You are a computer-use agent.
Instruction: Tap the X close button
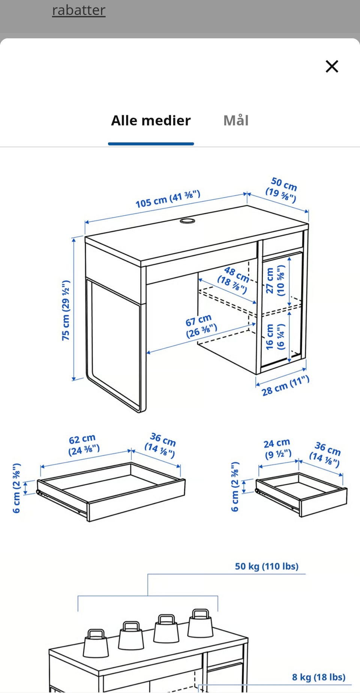(x=332, y=66)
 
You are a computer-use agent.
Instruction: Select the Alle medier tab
(x=151, y=120)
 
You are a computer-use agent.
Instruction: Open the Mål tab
(x=236, y=120)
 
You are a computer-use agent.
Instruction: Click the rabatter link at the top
(x=79, y=10)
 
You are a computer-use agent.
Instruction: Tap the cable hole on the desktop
(x=187, y=221)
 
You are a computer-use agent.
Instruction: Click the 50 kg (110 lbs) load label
(x=267, y=566)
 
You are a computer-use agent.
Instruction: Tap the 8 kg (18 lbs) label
(x=319, y=677)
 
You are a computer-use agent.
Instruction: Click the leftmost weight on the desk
(x=96, y=643)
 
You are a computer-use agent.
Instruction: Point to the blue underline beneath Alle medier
(x=151, y=144)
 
